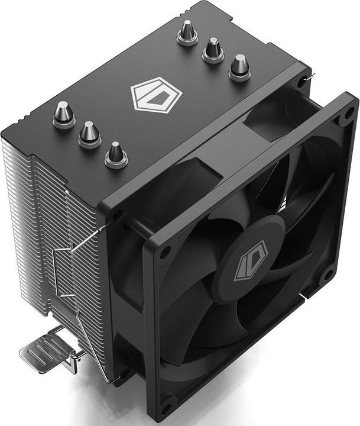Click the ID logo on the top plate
pyautogui.click(x=155, y=96)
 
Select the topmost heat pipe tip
pyautogui.click(x=187, y=33)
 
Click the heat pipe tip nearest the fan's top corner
pyautogui.click(x=239, y=66)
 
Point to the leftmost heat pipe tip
pyautogui.click(x=64, y=114)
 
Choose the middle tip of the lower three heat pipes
pyautogui.click(x=90, y=134)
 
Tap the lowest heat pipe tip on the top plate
pyautogui.click(x=116, y=154)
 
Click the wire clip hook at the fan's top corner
pyautogui.click(x=308, y=76)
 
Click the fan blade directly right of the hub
pyautogui.click(x=307, y=237)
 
